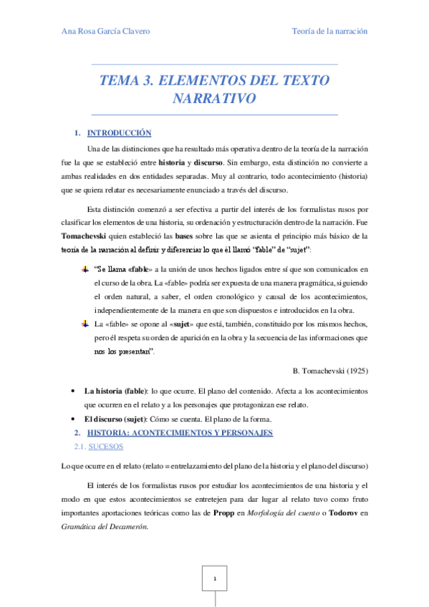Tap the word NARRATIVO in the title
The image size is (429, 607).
(214, 98)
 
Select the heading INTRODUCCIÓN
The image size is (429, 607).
(120, 133)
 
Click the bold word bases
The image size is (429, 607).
(185, 235)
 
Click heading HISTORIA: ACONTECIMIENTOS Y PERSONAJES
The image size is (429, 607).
(180, 433)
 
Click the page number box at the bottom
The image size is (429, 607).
(214, 576)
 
